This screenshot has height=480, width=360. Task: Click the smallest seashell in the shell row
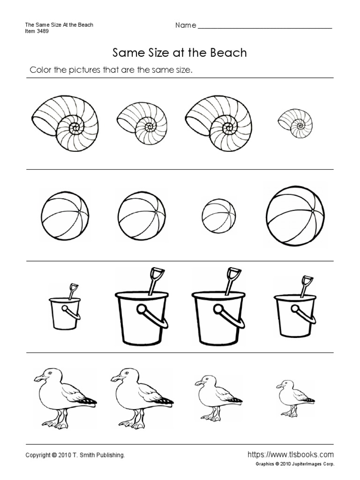click(x=296, y=124)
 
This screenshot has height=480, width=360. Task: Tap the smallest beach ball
click(x=219, y=216)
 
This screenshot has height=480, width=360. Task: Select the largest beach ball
click(x=295, y=216)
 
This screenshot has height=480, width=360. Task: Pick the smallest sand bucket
click(x=65, y=307)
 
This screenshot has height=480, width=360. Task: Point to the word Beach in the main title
click(x=228, y=52)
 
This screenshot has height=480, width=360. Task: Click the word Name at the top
click(x=186, y=25)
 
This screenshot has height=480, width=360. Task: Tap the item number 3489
click(x=43, y=31)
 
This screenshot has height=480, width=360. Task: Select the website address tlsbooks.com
click(x=291, y=454)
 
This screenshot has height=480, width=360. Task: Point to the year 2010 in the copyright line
click(x=65, y=455)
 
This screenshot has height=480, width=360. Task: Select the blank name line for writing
click(x=265, y=28)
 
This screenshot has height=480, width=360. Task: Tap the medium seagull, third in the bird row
click(x=218, y=398)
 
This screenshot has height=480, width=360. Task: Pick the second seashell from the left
click(x=142, y=123)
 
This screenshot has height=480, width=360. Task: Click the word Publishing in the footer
click(x=111, y=456)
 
